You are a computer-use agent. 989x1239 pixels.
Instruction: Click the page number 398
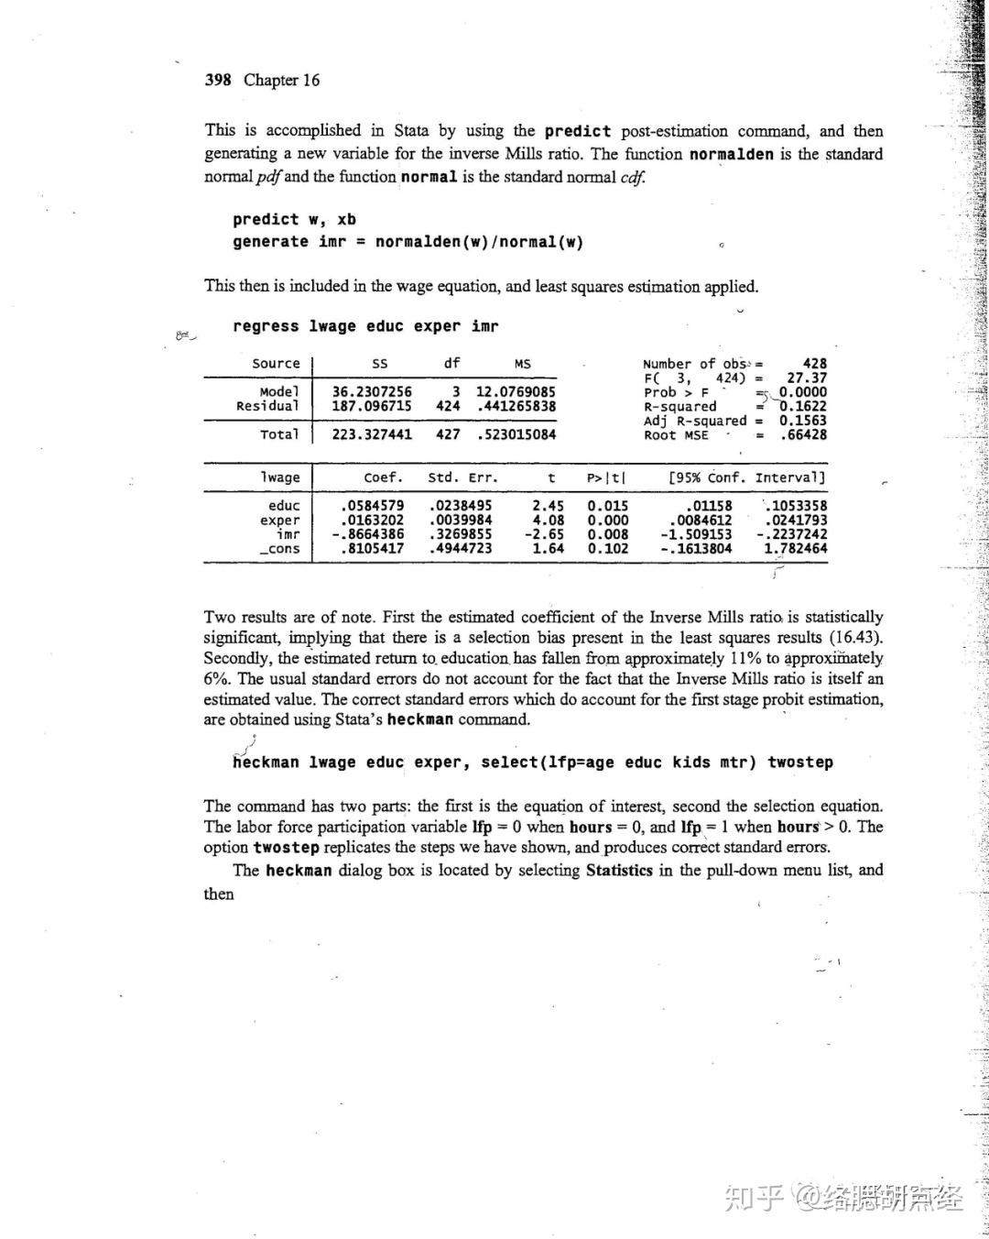[x=218, y=80]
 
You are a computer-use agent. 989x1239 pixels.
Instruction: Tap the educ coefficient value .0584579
[x=372, y=506]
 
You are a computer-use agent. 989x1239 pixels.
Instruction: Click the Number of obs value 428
[x=814, y=364]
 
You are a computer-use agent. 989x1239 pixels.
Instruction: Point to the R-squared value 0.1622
[x=803, y=406]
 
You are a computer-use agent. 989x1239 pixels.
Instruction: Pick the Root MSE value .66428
[x=803, y=435]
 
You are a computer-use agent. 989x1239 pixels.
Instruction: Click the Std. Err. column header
[x=463, y=478]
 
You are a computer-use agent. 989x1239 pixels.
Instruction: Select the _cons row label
[x=279, y=549]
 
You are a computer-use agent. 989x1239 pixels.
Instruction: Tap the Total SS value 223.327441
[x=372, y=434]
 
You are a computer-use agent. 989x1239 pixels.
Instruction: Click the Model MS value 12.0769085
[x=516, y=392]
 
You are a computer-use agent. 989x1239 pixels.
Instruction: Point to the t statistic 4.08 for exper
[x=548, y=521]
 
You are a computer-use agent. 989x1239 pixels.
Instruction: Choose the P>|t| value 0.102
[x=608, y=549]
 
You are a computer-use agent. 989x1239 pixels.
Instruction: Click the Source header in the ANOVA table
[x=276, y=364]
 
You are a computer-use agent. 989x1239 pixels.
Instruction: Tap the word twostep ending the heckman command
[x=800, y=762]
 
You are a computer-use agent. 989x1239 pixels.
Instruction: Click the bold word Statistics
[x=619, y=871]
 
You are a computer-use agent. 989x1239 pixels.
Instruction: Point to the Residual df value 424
[x=448, y=406]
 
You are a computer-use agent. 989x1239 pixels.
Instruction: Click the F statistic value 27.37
[x=807, y=378]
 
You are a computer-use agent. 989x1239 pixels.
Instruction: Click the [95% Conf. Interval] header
[x=746, y=478]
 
